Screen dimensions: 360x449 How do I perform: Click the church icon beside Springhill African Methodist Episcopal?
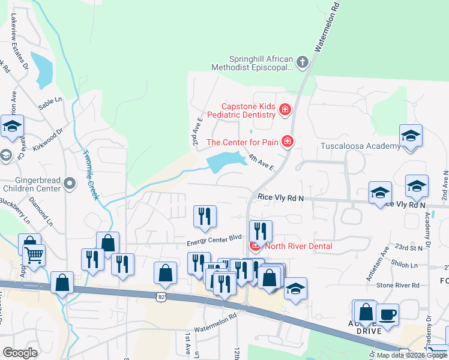(303, 61)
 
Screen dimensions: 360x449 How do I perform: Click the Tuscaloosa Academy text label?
(352, 146)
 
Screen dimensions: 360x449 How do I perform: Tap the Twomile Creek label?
(91, 175)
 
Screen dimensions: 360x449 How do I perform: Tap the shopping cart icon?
(34, 255)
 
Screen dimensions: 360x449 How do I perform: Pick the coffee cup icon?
(387, 314)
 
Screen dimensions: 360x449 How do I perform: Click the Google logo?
(19, 353)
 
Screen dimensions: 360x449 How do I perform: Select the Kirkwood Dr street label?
(48, 139)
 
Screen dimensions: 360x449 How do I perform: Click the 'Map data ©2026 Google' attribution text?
(411, 355)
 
